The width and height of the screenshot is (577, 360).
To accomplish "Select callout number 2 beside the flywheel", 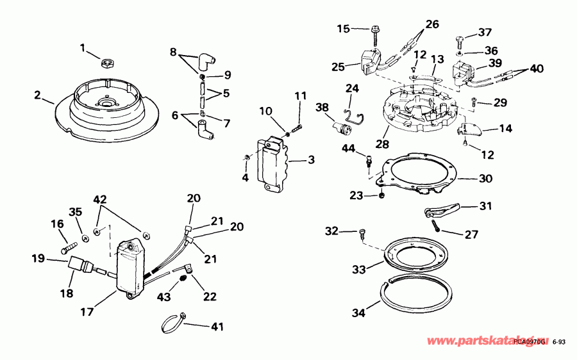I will (38, 96).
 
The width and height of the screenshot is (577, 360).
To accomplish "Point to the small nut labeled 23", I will (381, 195).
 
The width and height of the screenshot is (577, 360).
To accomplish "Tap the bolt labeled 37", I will (462, 40).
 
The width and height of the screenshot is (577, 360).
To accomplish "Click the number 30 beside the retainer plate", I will (485, 179).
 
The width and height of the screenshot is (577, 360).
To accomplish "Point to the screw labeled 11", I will (296, 129).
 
